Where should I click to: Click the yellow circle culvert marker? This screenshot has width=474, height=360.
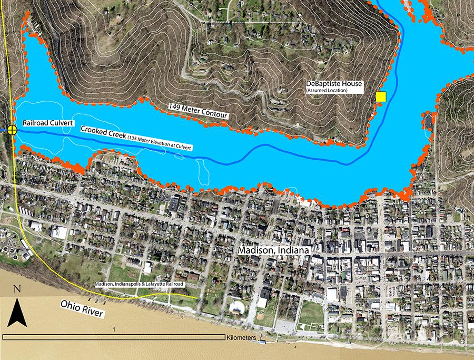tap(12, 129)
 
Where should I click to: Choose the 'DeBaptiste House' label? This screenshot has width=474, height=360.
tap(333, 84)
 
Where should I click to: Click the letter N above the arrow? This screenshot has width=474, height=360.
tap(17, 289)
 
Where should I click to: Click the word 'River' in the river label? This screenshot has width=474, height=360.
tap(93, 312)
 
